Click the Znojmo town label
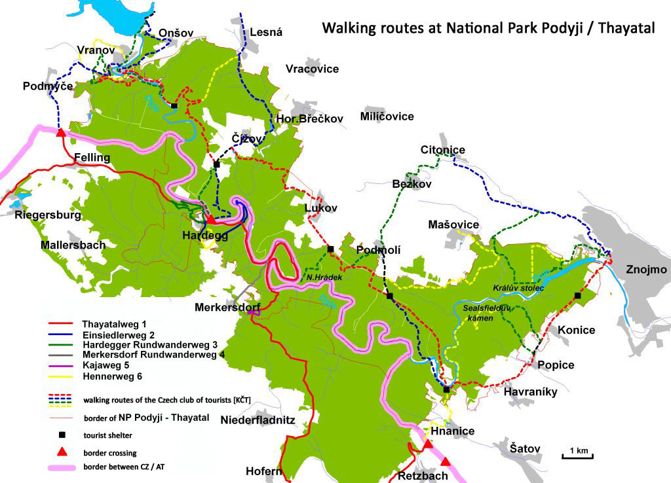[x=646, y=270]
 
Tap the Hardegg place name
[x=206, y=236]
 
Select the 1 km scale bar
[x=577, y=452]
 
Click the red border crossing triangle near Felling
[x=61, y=133]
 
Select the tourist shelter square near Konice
[x=577, y=296]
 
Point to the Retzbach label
[x=423, y=476]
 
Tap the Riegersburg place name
[x=48, y=215]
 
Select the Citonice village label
[x=443, y=150]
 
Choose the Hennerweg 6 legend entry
[x=112, y=376]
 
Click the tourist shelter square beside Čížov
[x=216, y=165]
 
